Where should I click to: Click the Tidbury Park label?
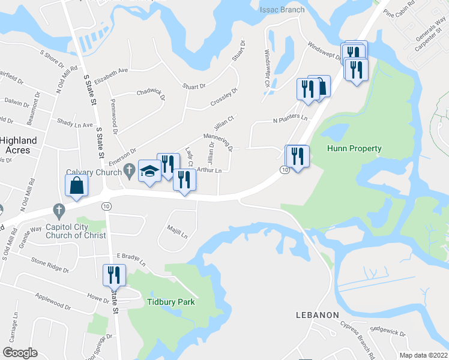pyautogui.click(x=172, y=302)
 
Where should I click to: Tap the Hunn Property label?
pyautogui.click(x=354, y=148)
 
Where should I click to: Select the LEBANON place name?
pyautogui.click(x=318, y=314)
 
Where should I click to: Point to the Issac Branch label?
pyautogui.click(x=282, y=10)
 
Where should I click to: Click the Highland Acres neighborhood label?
pyautogui.click(x=19, y=145)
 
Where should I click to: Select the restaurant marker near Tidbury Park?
pyautogui.click(x=113, y=275)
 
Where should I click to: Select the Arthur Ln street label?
pyautogui.click(x=209, y=171)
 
